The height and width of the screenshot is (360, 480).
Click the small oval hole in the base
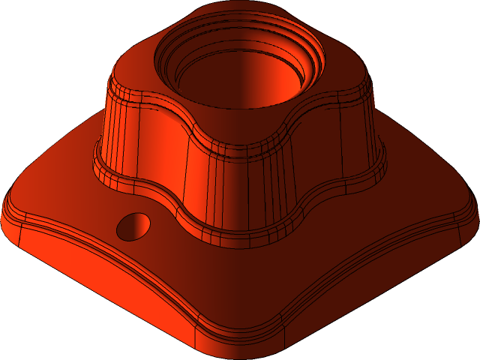pyautogui.click(x=134, y=226)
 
